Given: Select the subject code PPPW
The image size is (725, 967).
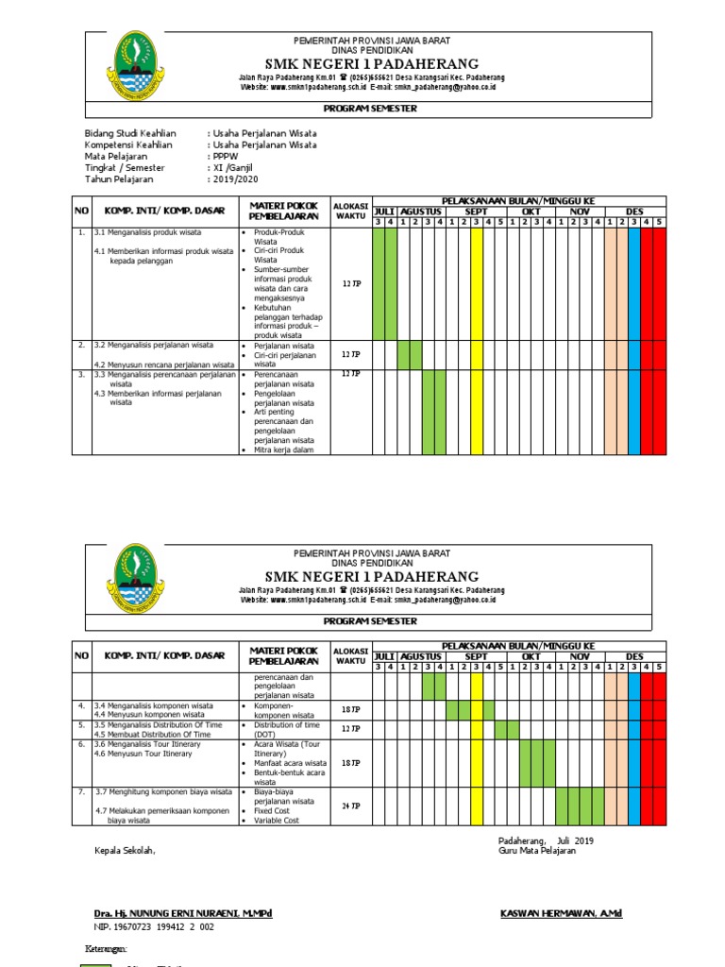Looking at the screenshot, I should [225, 157].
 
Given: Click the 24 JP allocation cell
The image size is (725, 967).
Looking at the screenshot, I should [350, 806].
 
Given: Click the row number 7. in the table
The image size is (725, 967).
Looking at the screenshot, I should [82, 790].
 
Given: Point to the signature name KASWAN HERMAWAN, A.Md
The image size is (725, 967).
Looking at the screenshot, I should [561, 914].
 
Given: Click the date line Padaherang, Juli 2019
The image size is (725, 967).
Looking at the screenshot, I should [546, 840].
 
